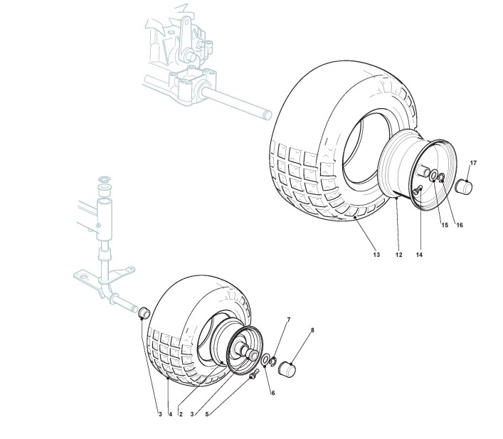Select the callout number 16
pyautogui.click(x=460, y=225)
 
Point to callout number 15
pyautogui.click(x=445, y=225)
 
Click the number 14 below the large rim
pyautogui.click(x=419, y=254)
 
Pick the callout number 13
pyautogui.click(x=376, y=254)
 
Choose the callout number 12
pyautogui.click(x=399, y=254)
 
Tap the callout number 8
pyautogui.click(x=312, y=330)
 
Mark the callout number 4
pyautogui.click(x=169, y=414)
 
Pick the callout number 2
pyautogui.click(x=181, y=414)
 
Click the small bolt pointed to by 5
pyautogui.click(x=253, y=377)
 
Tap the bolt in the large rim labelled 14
pyautogui.click(x=419, y=189)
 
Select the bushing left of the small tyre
pyautogui.click(x=142, y=312)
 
